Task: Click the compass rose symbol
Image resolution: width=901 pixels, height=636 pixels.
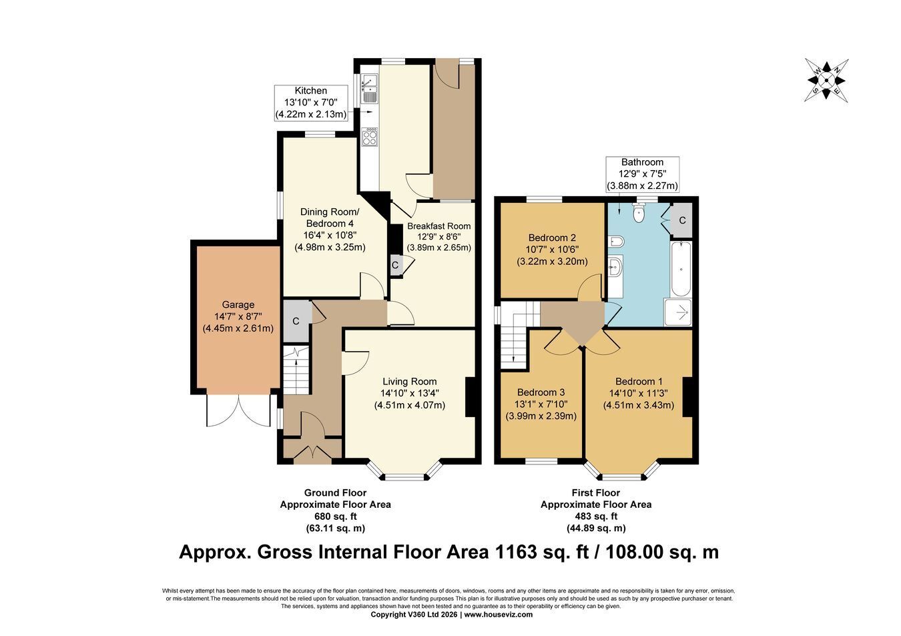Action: (x=826, y=80)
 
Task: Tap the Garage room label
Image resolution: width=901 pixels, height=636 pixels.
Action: (x=238, y=304)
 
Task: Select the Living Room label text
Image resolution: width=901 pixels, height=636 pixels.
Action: (x=410, y=381)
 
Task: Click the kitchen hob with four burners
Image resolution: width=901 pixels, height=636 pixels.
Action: (x=370, y=136)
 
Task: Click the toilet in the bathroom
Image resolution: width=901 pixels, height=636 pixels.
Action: (x=639, y=212)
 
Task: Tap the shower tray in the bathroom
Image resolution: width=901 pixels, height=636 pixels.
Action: (x=678, y=312)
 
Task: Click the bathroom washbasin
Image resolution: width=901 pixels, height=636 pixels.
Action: (x=615, y=266)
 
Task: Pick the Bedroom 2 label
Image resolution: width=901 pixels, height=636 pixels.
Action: (x=552, y=238)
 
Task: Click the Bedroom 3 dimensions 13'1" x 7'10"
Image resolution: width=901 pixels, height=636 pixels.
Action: (x=541, y=404)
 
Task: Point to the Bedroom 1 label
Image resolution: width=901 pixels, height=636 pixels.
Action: (x=638, y=381)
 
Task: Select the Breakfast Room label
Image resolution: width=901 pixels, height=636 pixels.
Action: (x=438, y=226)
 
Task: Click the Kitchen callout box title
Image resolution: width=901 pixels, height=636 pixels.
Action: (x=310, y=91)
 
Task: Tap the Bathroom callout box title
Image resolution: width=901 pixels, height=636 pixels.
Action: (x=642, y=162)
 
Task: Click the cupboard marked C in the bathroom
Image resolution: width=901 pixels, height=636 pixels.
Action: (x=682, y=220)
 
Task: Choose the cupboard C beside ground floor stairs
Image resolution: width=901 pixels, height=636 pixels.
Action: (x=296, y=321)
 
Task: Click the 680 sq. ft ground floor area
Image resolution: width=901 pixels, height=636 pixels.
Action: (x=335, y=516)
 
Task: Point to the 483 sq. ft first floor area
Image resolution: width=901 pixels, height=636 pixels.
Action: (x=596, y=516)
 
